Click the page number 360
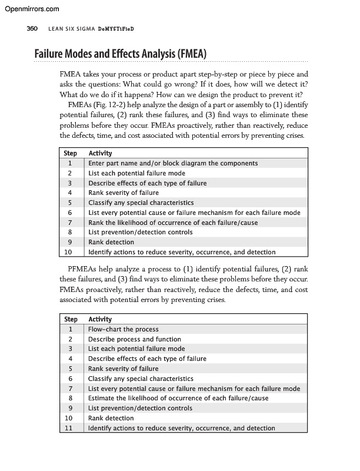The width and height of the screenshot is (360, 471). (32, 29)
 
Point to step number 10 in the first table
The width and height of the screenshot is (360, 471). (70, 252)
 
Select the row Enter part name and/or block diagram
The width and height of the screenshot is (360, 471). (173, 163)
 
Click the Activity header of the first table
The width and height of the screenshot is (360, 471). (100, 154)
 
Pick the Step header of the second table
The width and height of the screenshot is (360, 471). (70, 320)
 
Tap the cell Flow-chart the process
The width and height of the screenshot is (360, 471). (124, 330)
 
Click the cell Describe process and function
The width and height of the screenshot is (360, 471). (135, 339)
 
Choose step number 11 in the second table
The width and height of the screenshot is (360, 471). (70, 428)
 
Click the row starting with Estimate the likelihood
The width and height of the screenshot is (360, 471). (178, 399)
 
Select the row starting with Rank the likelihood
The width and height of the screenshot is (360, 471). (173, 223)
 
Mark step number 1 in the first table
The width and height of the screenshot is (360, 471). (70, 163)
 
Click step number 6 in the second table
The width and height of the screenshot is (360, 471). (70, 379)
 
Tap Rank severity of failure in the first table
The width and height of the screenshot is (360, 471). (124, 193)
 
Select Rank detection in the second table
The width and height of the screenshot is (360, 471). (111, 418)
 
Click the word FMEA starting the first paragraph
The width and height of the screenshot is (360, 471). (71, 75)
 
